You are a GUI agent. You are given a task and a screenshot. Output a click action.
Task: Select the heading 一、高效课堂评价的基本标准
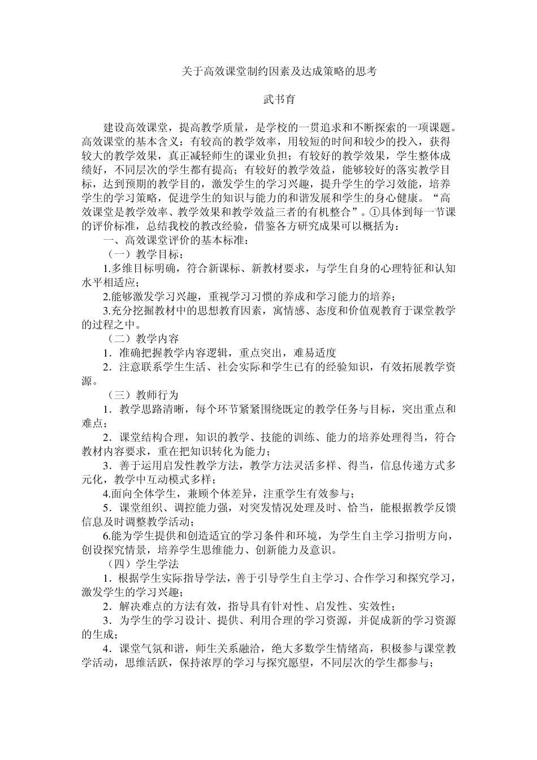pos(175,240)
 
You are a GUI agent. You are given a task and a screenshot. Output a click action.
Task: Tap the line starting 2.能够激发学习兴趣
pos(249,296)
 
